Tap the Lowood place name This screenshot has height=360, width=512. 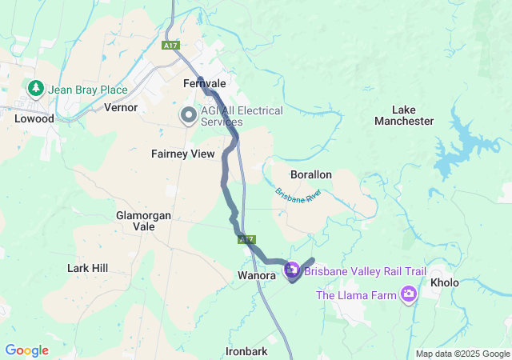(x=34, y=118)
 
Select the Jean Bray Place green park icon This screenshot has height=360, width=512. (x=35, y=87)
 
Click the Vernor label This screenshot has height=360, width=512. (x=122, y=107)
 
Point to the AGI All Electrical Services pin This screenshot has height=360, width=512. (x=189, y=116)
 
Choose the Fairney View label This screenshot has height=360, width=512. (x=183, y=154)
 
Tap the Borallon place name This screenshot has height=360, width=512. (x=310, y=174)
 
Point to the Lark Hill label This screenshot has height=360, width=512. (x=88, y=268)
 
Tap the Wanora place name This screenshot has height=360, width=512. (x=257, y=275)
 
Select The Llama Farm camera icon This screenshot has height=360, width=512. (x=410, y=295)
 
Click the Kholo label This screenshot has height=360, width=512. (x=445, y=283)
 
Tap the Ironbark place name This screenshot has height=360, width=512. (x=246, y=351)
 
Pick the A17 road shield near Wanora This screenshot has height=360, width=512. (x=246, y=238)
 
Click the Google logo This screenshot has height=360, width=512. (x=27, y=350)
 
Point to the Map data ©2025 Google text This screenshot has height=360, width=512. (x=462, y=354)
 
